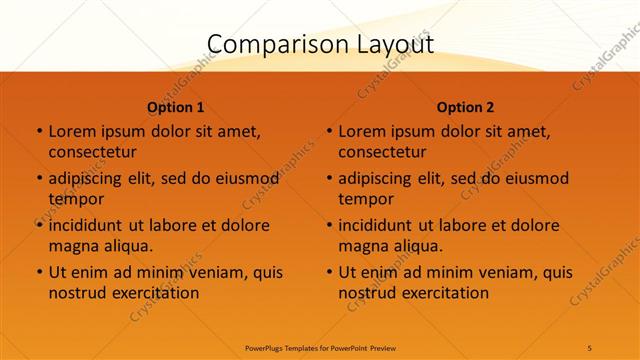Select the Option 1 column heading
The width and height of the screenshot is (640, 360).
pos(176,107)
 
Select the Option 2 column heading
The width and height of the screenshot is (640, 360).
pos(466,107)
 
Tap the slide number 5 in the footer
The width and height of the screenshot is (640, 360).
pos(590,347)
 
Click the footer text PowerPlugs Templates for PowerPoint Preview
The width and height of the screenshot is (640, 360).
pos(319,347)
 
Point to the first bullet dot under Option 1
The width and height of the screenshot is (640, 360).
pos(39,131)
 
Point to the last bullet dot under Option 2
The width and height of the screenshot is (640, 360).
pos(329,272)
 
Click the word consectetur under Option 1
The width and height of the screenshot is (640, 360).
pos(92,152)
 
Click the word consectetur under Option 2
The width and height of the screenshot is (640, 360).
pos(382,152)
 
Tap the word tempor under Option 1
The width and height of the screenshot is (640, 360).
pos(76,199)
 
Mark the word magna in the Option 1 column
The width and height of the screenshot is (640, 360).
pos(72,245)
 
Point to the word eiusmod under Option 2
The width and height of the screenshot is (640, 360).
pos(533,179)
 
